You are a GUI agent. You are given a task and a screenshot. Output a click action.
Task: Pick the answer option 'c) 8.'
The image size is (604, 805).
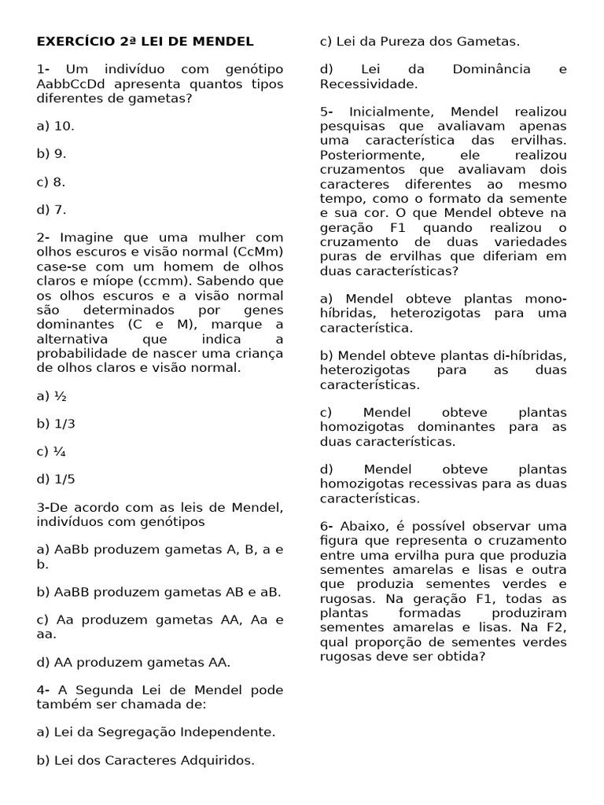(x=51, y=182)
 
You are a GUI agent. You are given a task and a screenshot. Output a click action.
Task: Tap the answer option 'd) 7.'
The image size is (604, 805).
(x=51, y=210)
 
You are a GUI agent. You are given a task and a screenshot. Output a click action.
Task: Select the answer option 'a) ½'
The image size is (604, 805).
(x=51, y=395)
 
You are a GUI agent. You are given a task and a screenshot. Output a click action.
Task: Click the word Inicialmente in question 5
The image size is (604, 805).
(x=389, y=112)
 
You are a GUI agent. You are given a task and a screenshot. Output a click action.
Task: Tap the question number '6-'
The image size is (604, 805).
(x=327, y=526)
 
